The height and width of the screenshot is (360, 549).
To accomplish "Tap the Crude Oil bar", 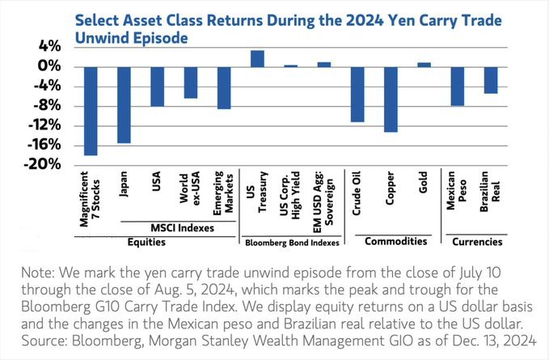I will [x=357, y=94].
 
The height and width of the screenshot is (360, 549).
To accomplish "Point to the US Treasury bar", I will [x=257, y=58].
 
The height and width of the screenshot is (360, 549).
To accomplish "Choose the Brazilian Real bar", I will [x=491, y=80].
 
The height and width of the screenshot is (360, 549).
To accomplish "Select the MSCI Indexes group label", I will [x=174, y=227].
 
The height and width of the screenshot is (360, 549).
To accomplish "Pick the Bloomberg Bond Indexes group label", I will [x=290, y=242].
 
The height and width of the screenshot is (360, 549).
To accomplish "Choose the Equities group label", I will [x=158, y=241].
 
